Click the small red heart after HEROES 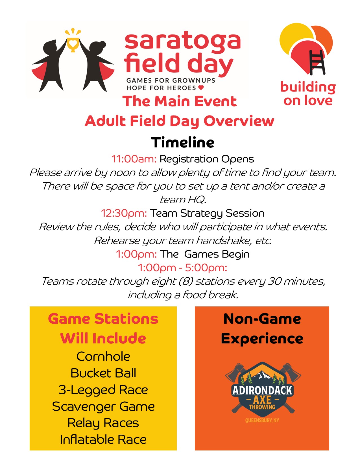click(201, 88)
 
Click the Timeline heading click(182, 142)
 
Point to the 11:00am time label click(134, 159)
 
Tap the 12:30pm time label click(124, 214)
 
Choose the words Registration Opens click(207, 159)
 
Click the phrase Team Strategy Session click(207, 214)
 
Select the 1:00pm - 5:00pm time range click(182, 268)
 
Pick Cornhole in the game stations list click(103, 356)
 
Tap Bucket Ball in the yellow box click(103, 373)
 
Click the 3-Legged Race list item click(103, 390)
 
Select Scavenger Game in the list click(103, 407)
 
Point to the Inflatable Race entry click(103, 440)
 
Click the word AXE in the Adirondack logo click(262, 400)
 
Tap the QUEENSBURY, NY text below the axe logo click(262, 420)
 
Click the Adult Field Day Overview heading click(180, 121)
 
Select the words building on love click(308, 94)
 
